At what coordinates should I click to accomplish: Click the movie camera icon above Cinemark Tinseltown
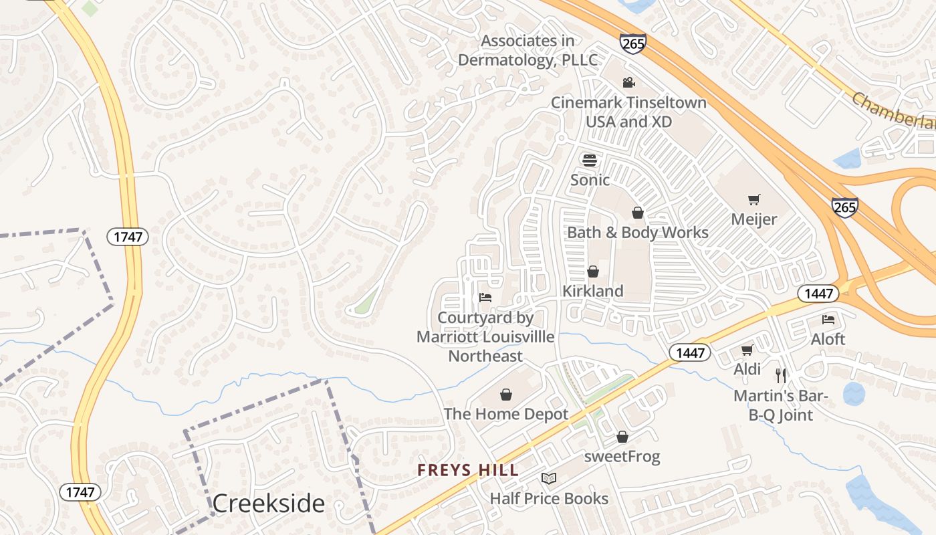tap(628, 83)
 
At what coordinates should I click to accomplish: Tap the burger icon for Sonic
tap(589, 160)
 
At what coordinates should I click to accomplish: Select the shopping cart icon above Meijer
tap(754, 199)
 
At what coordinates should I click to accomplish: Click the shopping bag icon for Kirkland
tap(592, 272)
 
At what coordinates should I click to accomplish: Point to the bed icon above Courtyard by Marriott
tap(485, 298)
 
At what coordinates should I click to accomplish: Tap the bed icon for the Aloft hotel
tap(828, 320)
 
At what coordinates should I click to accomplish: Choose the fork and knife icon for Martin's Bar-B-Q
tap(780, 375)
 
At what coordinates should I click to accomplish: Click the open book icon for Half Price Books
tap(549, 479)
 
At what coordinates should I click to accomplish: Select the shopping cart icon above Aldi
tap(747, 350)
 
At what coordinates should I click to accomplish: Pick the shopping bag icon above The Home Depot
tap(506, 395)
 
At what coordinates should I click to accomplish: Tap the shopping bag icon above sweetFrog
tap(622, 437)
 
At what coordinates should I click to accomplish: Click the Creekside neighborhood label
tap(269, 504)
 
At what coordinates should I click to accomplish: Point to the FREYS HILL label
tap(468, 470)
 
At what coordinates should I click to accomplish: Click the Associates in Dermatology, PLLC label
tap(528, 51)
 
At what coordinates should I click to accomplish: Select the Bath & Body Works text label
tap(638, 233)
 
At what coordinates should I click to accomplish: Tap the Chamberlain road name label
tap(893, 111)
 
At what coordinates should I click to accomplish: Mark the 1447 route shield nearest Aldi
tap(690, 352)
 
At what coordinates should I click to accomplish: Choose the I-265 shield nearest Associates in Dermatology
tap(632, 43)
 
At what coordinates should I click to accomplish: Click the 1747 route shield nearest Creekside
tap(80, 492)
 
